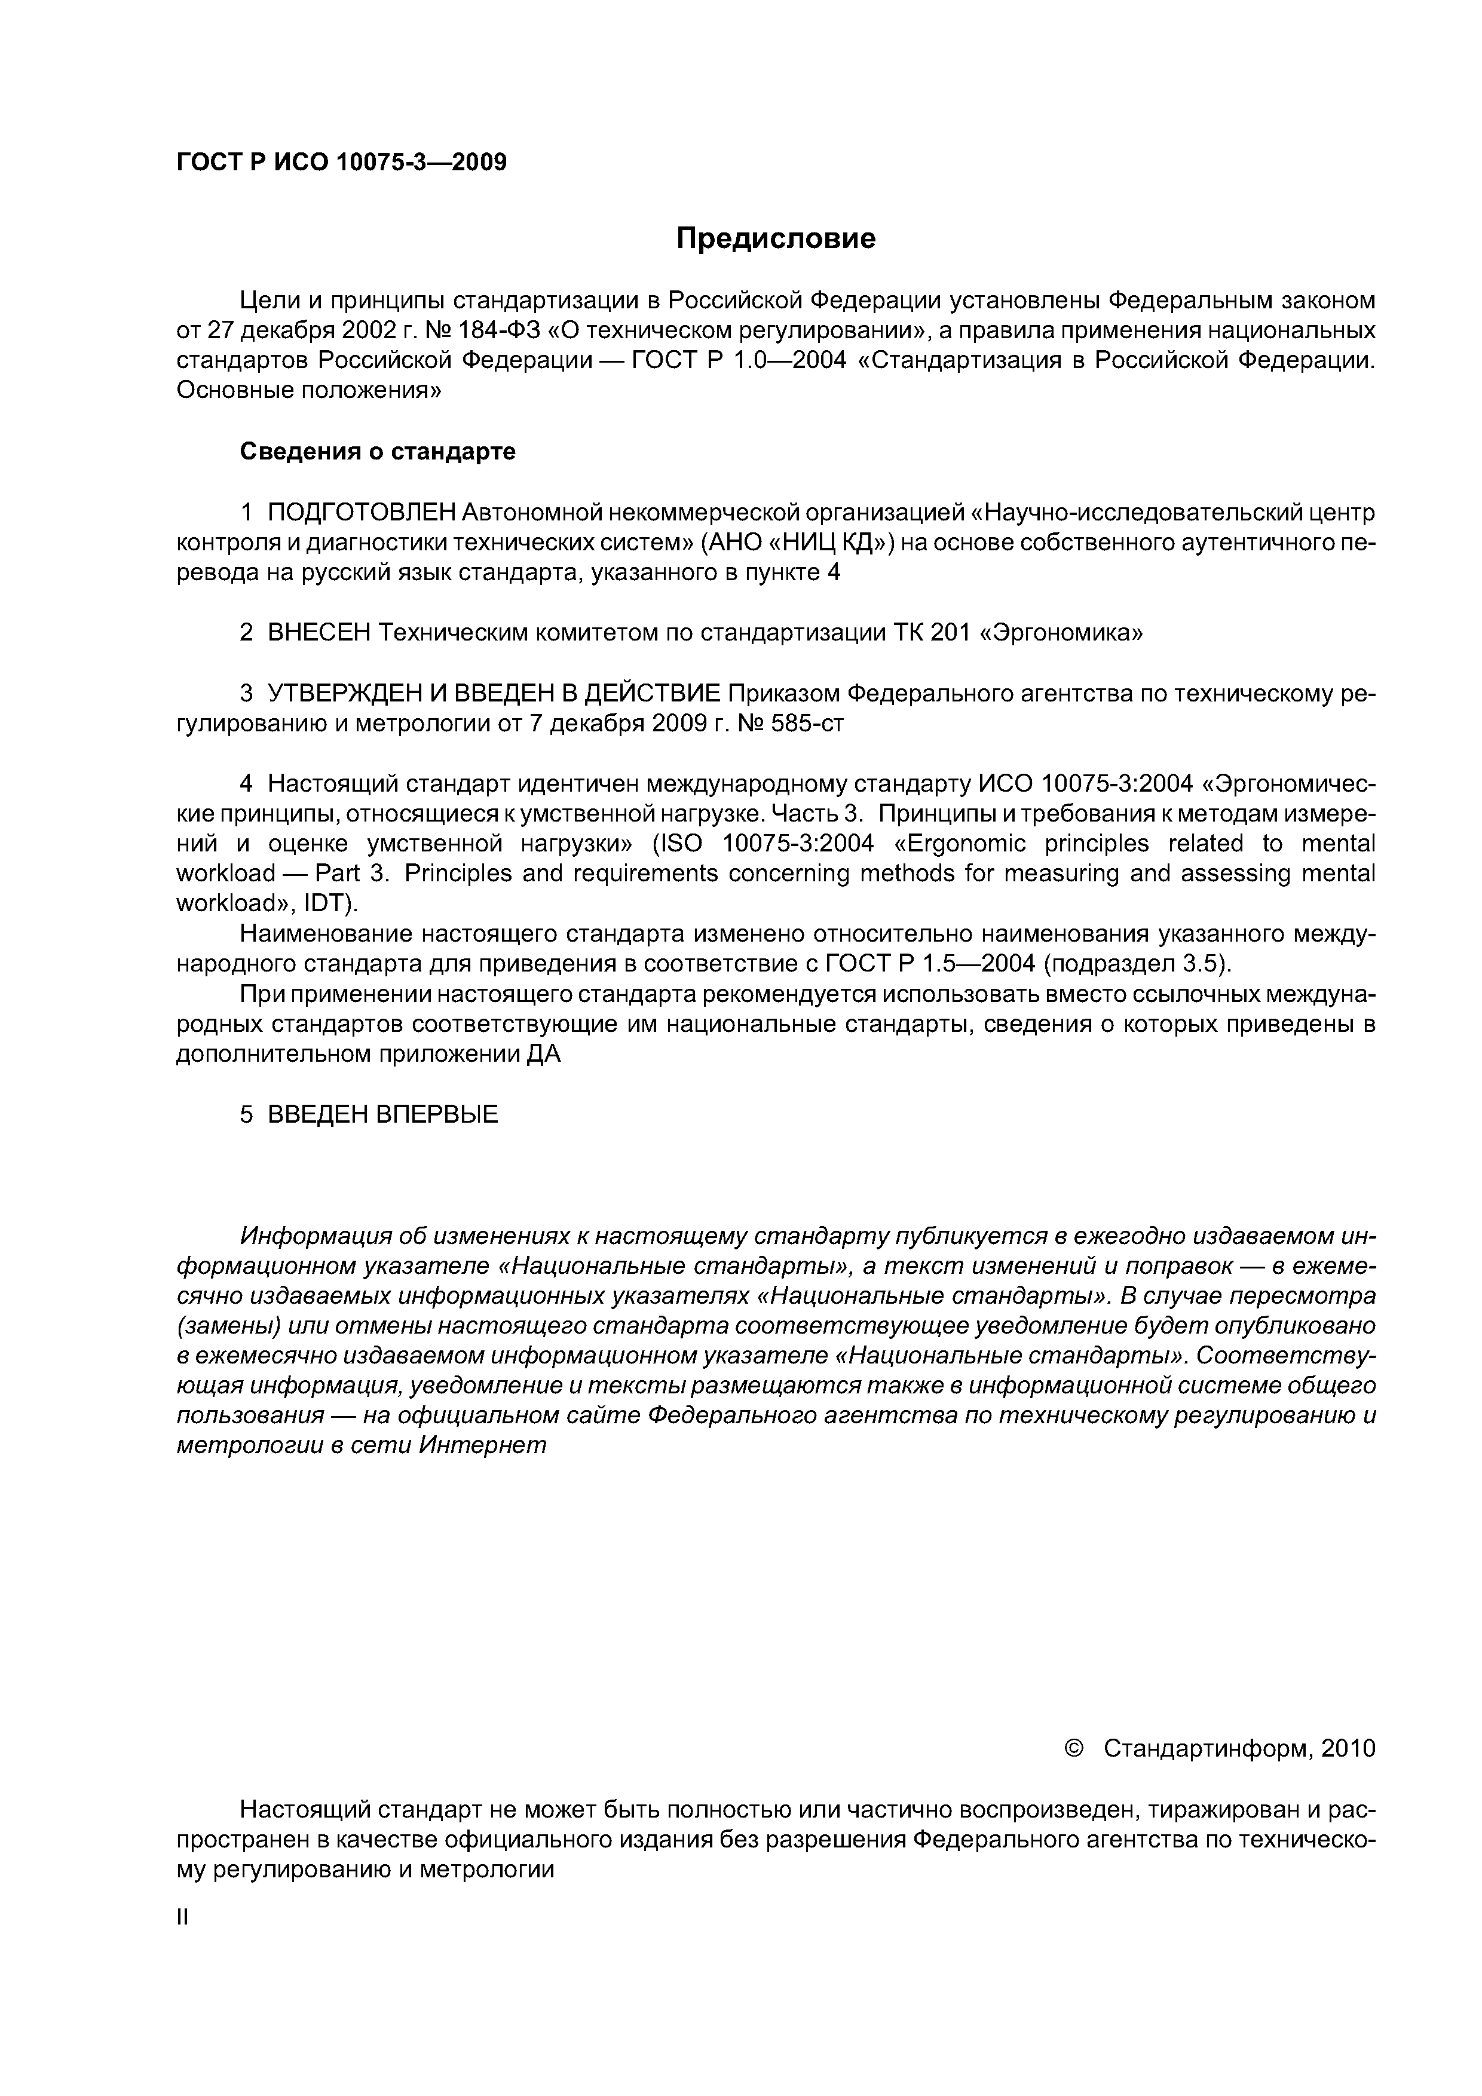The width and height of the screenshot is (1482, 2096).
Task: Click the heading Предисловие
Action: (775, 238)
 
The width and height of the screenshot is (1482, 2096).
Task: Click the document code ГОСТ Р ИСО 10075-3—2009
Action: (341, 163)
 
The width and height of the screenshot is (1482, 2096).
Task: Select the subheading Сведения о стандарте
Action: (377, 452)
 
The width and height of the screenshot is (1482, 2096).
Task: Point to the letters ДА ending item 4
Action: (544, 1055)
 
